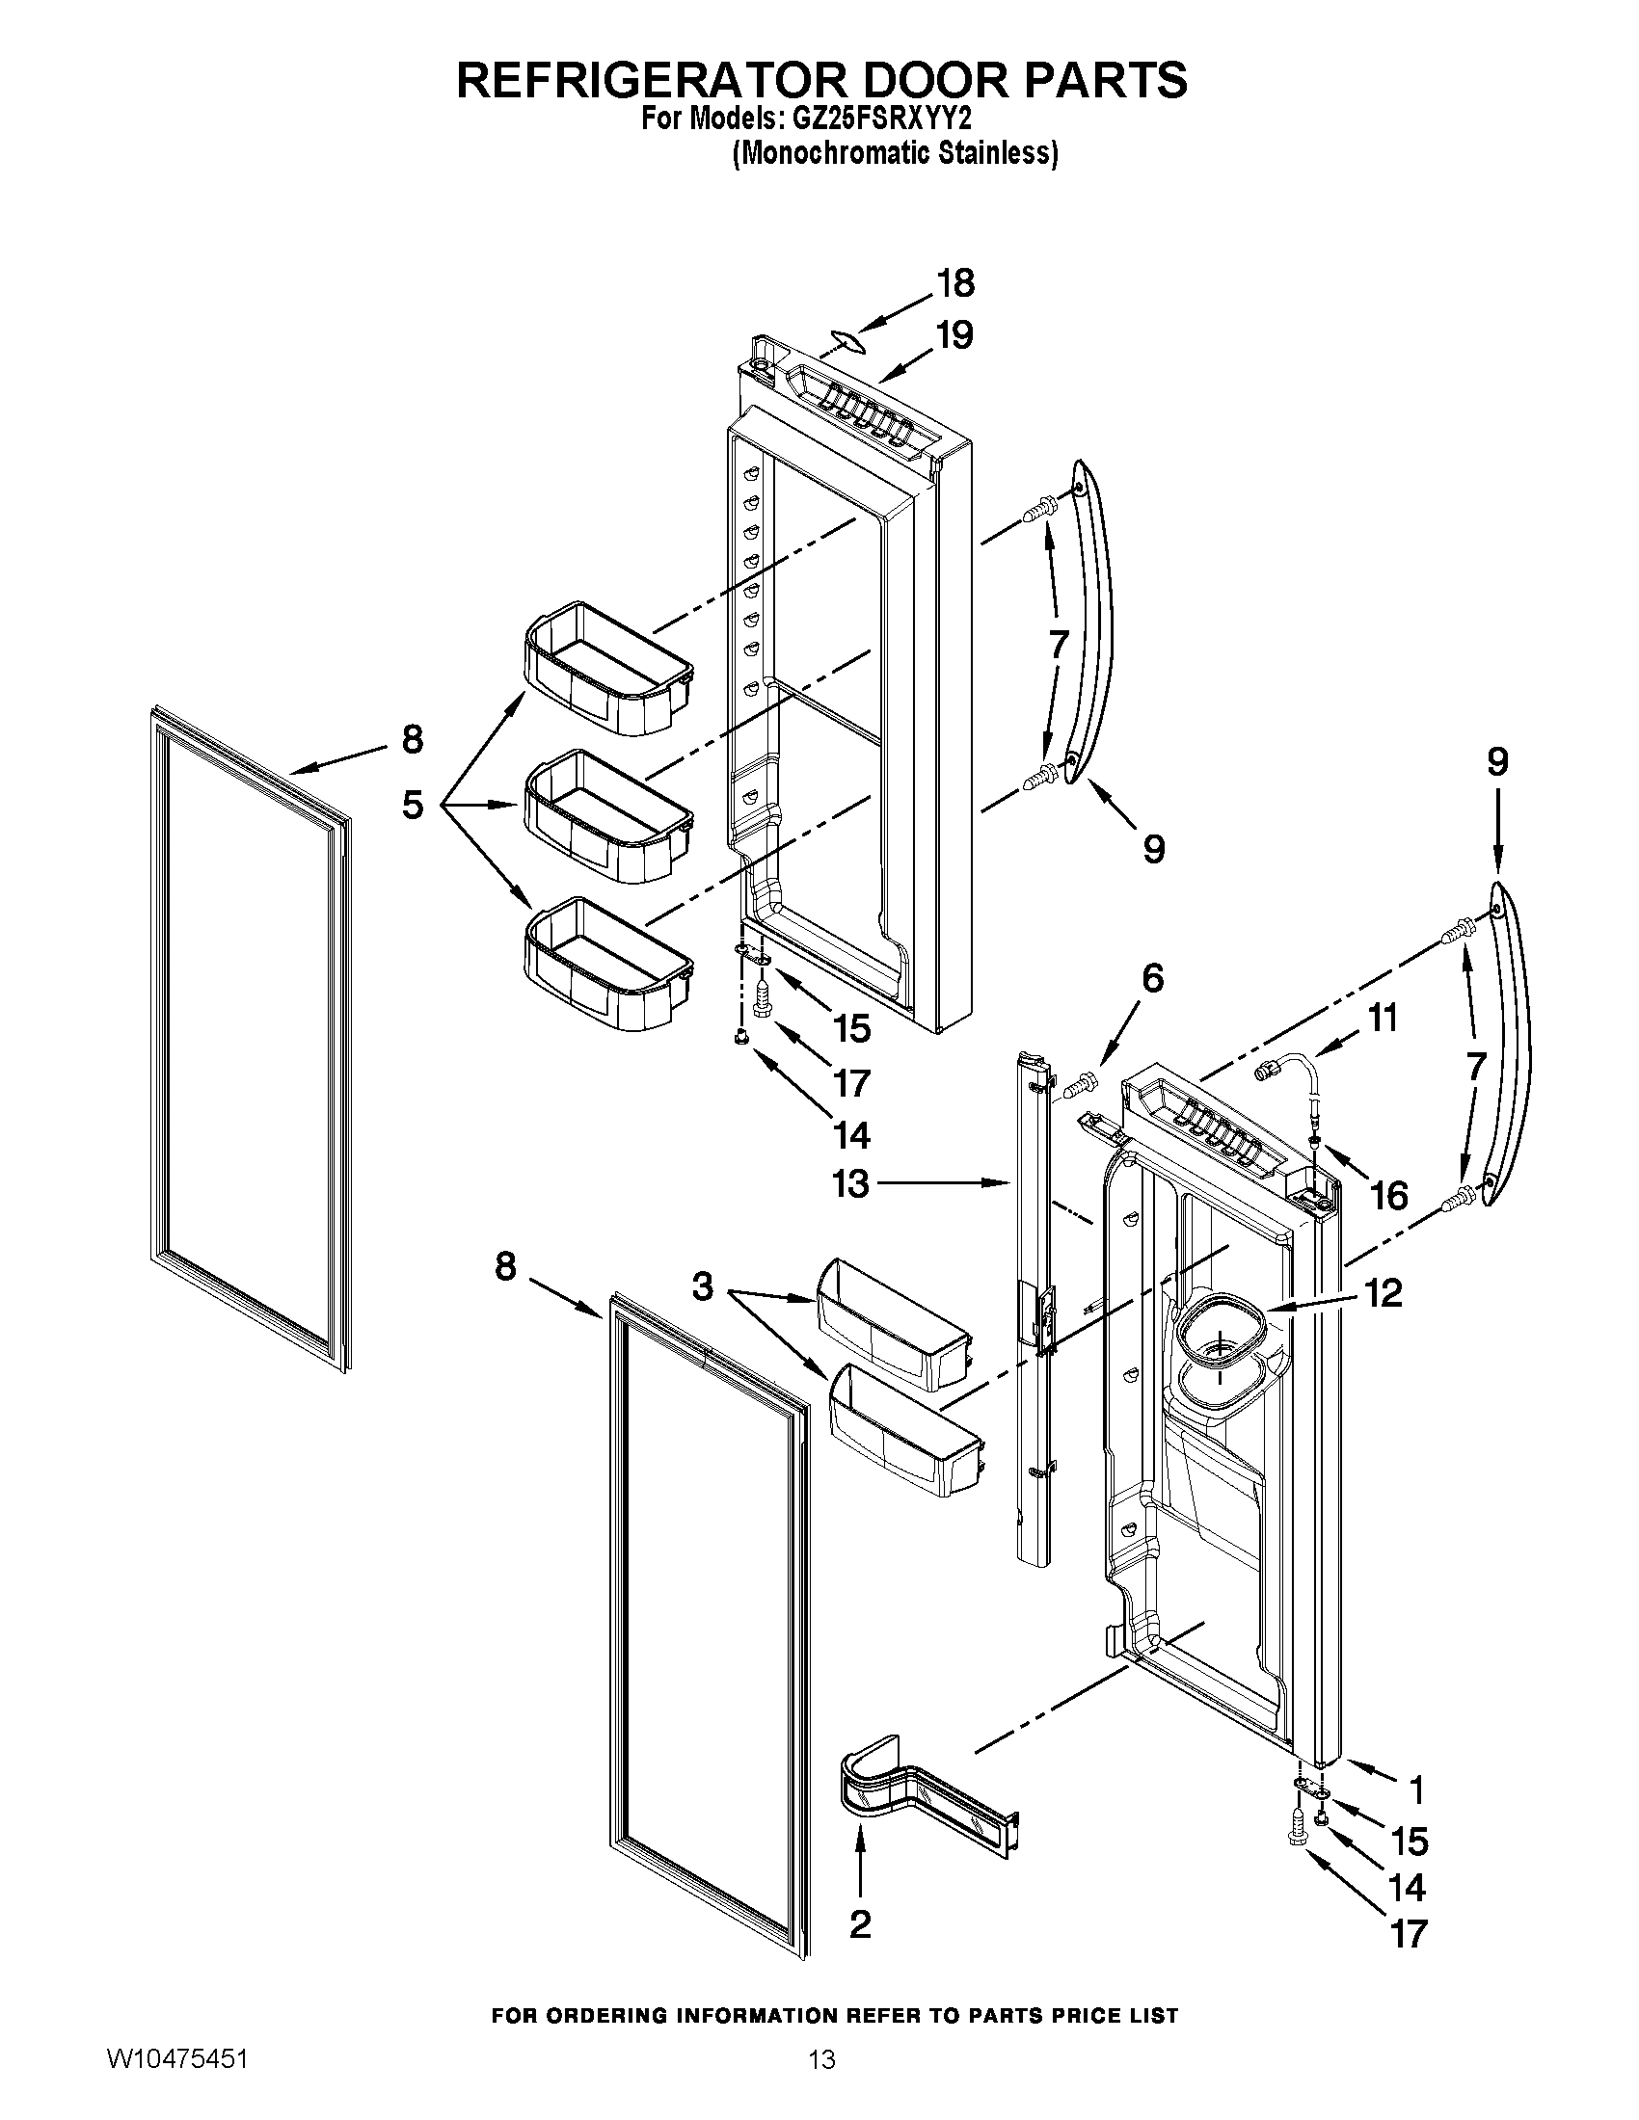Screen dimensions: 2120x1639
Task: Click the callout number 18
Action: pyautogui.click(x=954, y=283)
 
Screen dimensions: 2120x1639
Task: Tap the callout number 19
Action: pyautogui.click(x=954, y=336)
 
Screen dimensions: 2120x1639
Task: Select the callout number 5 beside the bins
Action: pyautogui.click(x=413, y=805)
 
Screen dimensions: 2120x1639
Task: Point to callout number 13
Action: pyautogui.click(x=850, y=1183)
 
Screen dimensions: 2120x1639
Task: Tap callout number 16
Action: pyautogui.click(x=1389, y=1196)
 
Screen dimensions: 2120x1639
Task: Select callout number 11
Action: pyautogui.click(x=1382, y=1019)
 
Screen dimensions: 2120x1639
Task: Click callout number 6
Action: pyautogui.click(x=1151, y=977)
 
